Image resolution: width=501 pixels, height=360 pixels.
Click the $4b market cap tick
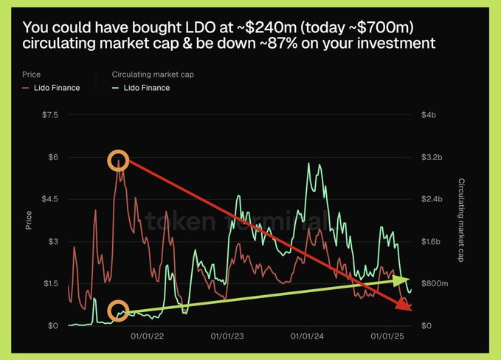coord(428,115)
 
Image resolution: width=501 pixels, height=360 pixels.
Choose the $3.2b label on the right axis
coord(431,157)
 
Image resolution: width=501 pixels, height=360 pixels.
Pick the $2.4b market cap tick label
coord(431,199)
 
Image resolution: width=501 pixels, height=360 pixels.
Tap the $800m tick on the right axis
coord(433,283)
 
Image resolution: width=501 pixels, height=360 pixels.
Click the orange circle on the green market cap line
coord(117,311)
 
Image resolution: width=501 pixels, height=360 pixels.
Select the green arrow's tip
coord(407,280)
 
